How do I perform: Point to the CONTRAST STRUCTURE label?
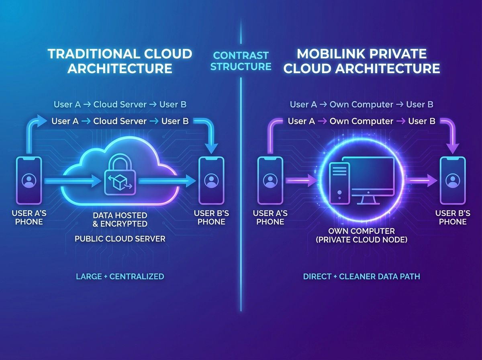coord(241,60)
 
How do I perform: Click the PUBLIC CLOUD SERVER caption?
coord(120,239)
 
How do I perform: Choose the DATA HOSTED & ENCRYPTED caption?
coord(120,219)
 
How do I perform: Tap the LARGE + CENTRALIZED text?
coord(120,276)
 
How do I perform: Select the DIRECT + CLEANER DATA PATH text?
coord(361,276)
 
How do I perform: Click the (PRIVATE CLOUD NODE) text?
coord(361,240)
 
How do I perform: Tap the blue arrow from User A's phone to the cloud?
coord(70,182)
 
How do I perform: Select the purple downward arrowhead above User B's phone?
coord(453,148)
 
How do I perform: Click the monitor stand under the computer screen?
coord(369,200)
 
